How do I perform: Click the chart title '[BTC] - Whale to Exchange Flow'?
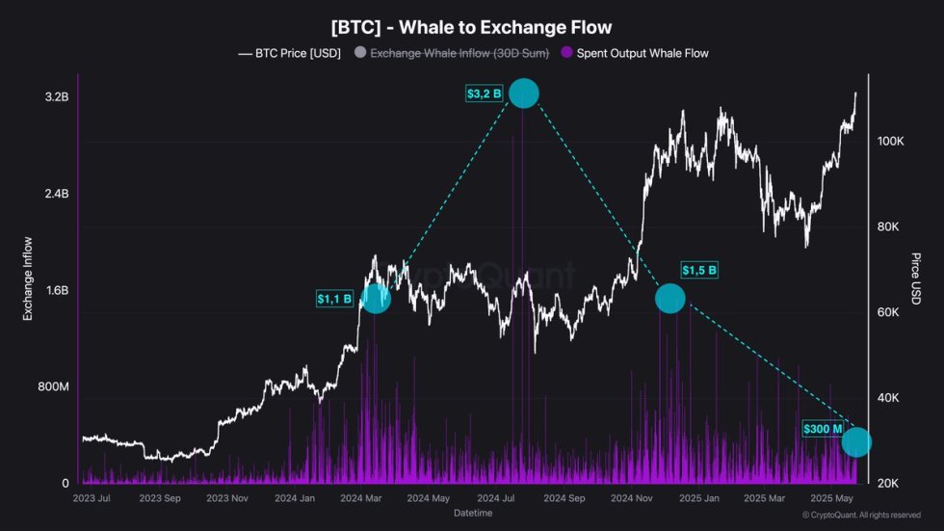pos(472,28)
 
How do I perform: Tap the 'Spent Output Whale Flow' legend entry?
pos(642,53)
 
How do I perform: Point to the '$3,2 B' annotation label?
pos(484,93)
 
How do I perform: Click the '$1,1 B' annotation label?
pos(334,299)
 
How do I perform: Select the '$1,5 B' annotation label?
pos(699,270)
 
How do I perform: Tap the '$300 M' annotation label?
pos(823,429)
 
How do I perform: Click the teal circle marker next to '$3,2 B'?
pos(523,93)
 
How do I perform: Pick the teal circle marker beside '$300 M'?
pos(856,442)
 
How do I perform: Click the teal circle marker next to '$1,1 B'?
pos(376,299)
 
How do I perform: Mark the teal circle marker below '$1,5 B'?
pos(669,299)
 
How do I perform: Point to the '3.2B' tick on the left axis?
pos(56,97)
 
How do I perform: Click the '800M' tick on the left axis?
pos(52,386)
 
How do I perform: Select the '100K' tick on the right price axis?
pos(890,141)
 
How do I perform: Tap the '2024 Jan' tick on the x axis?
pos(295,499)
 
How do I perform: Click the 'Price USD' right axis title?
pos(915,279)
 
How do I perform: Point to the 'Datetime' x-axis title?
pos(472,514)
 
